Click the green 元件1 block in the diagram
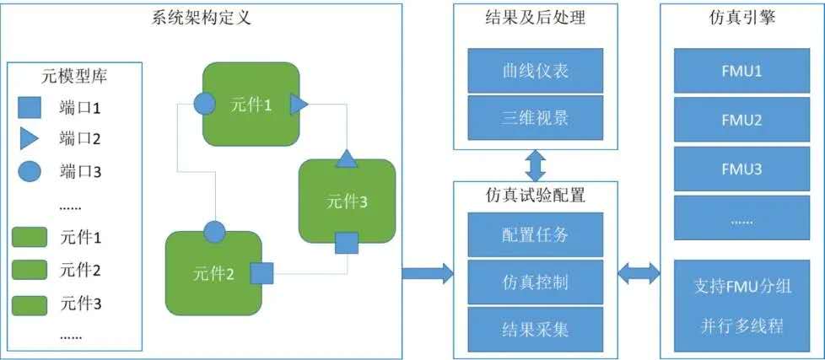251,104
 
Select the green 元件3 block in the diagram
347,201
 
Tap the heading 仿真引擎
741,14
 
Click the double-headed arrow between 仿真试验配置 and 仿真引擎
639,272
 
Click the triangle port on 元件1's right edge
299,104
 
